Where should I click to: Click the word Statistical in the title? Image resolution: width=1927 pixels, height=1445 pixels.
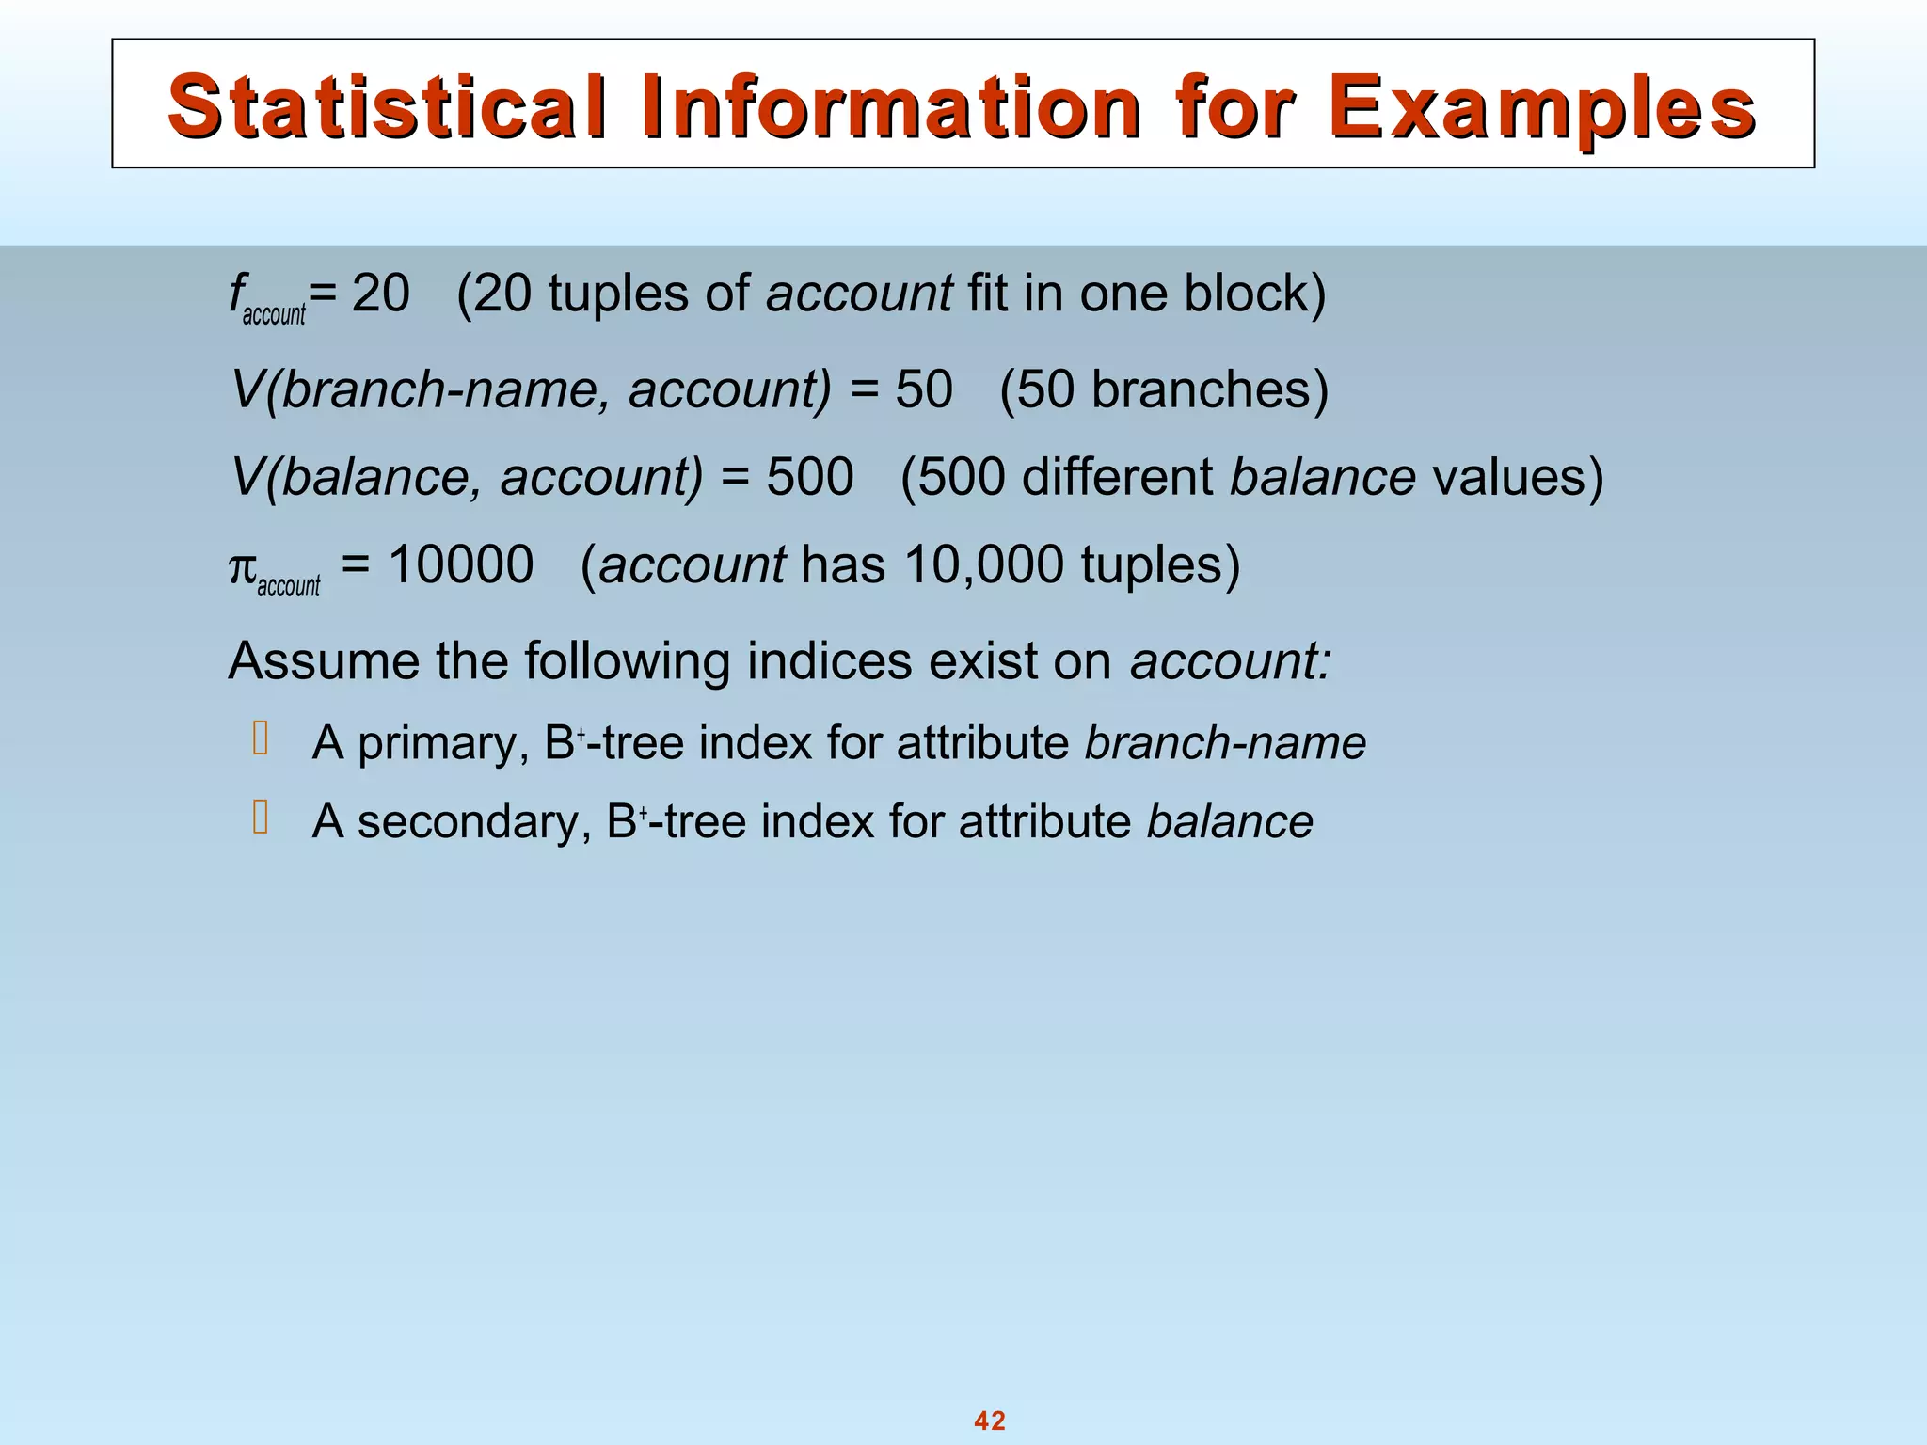(x=387, y=107)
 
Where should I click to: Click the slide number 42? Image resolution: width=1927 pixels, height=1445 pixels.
(x=990, y=1421)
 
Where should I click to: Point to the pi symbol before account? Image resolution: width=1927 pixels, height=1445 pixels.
(x=242, y=566)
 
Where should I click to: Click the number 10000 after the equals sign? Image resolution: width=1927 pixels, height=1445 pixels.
(x=461, y=565)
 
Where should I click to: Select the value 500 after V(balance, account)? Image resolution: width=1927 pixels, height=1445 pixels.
(x=810, y=476)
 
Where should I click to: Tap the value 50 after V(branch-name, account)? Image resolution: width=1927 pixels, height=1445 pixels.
(x=924, y=389)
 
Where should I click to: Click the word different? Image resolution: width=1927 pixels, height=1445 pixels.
(x=1117, y=476)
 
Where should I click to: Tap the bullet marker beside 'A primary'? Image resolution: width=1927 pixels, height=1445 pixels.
(x=261, y=739)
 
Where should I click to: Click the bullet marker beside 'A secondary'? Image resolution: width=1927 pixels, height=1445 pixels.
(x=261, y=818)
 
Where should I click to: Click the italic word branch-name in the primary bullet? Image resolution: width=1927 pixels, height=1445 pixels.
(x=1225, y=743)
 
